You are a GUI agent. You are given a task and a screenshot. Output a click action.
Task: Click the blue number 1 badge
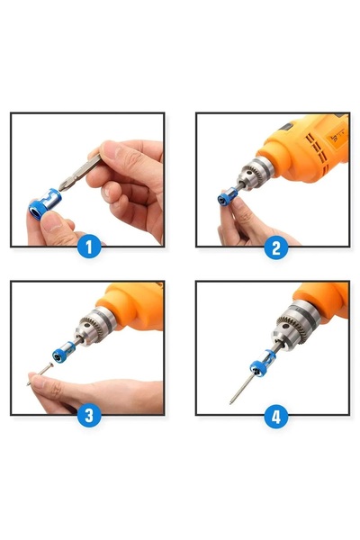point(88,247)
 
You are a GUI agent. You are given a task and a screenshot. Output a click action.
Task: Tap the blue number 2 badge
point(275,247)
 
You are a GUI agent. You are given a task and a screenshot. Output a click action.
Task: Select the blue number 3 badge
point(88,416)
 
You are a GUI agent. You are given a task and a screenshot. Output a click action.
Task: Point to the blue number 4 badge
point(275,416)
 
